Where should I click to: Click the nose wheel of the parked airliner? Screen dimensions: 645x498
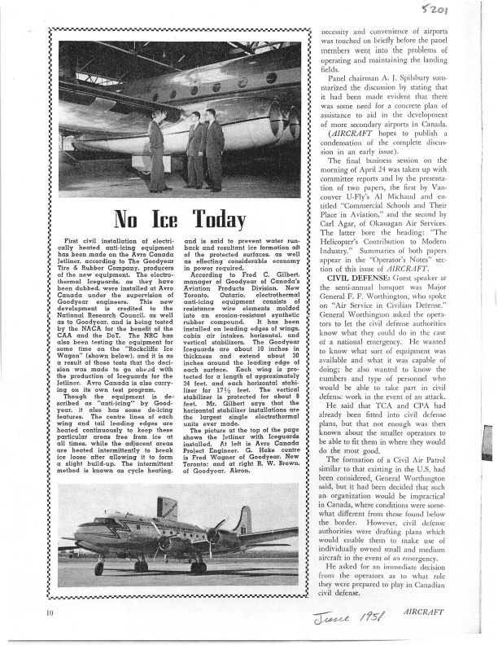(99, 568)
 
